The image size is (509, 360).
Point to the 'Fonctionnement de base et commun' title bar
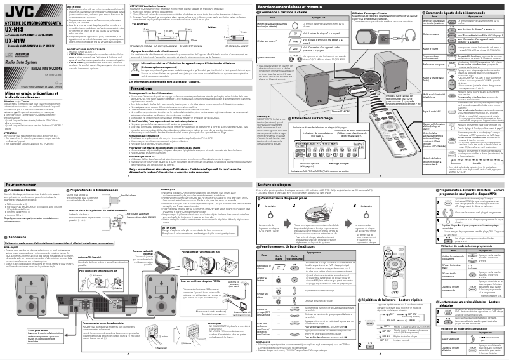[x=285, y=5]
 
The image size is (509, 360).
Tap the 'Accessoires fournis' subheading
[x=29, y=191]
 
